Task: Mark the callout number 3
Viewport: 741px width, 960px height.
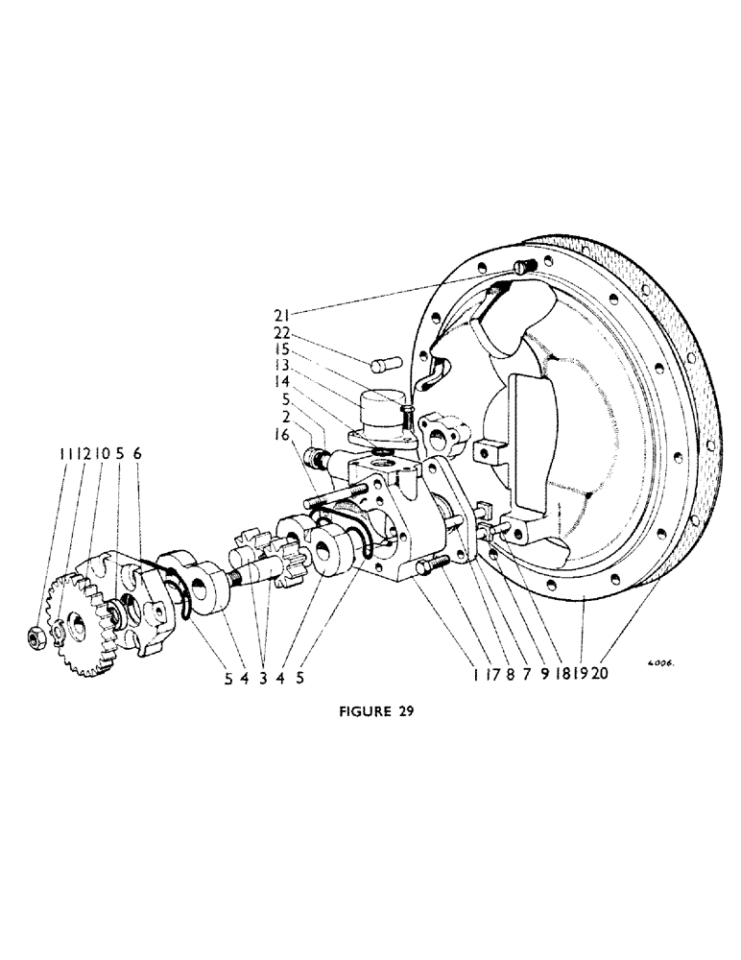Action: click(263, 677)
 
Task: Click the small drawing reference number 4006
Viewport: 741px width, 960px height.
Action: click(661, 661)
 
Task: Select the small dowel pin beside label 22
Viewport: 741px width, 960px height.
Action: click(380, 367)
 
